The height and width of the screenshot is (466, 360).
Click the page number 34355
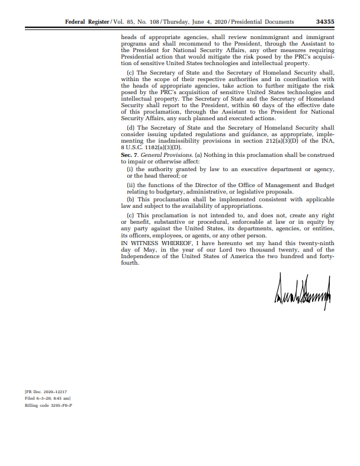325,22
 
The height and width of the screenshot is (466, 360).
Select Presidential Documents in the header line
262,22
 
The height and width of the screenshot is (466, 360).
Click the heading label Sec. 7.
130,154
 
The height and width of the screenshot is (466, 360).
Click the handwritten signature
302,292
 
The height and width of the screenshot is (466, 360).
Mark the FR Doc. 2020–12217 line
46,392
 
